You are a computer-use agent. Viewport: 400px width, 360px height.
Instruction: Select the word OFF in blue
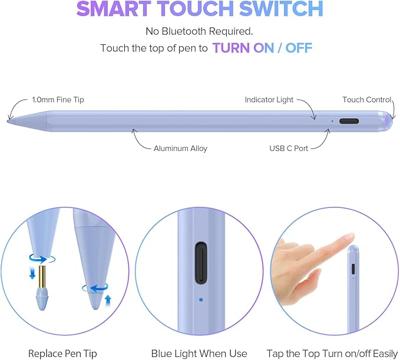coord(299,48)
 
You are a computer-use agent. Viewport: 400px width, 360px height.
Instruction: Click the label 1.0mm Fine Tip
coord(58,100)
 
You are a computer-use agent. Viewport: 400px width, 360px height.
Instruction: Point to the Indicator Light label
coord(269,100)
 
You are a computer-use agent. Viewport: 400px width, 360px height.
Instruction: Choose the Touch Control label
coord(366,100)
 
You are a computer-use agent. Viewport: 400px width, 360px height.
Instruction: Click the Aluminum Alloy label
coord(180,148)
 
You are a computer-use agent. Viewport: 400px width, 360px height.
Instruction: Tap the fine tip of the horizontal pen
coord(10,120)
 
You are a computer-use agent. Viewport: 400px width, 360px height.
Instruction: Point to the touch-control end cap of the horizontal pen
coord(387,121)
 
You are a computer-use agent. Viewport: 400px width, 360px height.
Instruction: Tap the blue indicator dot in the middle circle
coord(201,299)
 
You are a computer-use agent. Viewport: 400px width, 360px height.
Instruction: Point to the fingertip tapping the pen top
coord(350,238)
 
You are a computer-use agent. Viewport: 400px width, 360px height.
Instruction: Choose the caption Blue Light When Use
coord(200,353)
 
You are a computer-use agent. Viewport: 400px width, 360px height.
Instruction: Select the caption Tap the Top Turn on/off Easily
coord(333,353)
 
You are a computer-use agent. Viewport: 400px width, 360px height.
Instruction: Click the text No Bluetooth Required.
coord(200,31)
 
